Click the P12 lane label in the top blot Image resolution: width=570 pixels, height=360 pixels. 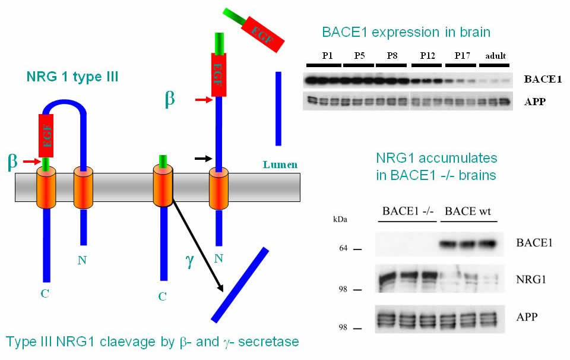(427, 56)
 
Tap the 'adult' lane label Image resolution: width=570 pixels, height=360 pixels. (495, 56)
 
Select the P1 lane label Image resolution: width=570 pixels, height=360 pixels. (327, 56)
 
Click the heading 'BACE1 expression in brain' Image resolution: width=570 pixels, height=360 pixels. (406, 32)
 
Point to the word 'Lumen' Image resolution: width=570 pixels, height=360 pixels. (280, 165)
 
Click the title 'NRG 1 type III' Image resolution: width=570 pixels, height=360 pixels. (72, 77)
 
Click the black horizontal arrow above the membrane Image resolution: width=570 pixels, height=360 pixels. (203, 159)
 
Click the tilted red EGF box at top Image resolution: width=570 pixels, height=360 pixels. (262, 34)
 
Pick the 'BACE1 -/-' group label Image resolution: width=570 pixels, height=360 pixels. (408, 211)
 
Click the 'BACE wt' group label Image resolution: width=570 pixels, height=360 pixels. (468, 211)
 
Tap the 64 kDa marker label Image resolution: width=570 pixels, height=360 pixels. (343, 248)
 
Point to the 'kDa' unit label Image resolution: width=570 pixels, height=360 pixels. (340, 220)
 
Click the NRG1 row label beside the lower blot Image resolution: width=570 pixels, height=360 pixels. (531, 280)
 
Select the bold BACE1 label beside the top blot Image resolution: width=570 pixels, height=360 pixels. (543, 79)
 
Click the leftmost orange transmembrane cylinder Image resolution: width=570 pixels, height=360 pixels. (46, 187)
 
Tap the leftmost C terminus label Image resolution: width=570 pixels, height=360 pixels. (45, 293)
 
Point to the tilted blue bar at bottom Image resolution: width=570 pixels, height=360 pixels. (240, 285)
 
